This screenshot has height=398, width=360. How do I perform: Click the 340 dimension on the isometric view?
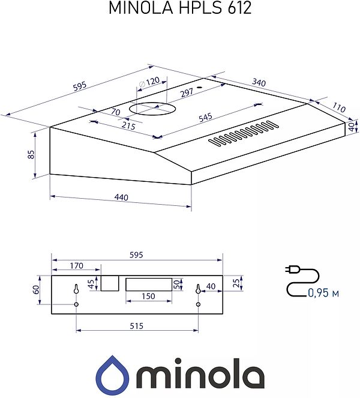click(x=259, y=82)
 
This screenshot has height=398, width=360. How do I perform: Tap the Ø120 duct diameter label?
click(x=149, y=82)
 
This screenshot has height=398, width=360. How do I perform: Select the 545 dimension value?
click(x=205, y=118)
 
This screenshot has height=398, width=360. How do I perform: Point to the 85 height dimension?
click(x=31, y=155)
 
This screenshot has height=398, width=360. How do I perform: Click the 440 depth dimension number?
click(x=121, y=197)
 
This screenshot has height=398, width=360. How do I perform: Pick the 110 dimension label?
click(x=338, y=107)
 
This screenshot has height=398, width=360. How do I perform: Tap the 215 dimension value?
click(x=128, y=125)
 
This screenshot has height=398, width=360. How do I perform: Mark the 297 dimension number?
click(x=187, y=92)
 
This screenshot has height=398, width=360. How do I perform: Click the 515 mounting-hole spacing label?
click(x=136, y=325)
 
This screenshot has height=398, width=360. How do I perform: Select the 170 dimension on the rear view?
click(x=76, y=266)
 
